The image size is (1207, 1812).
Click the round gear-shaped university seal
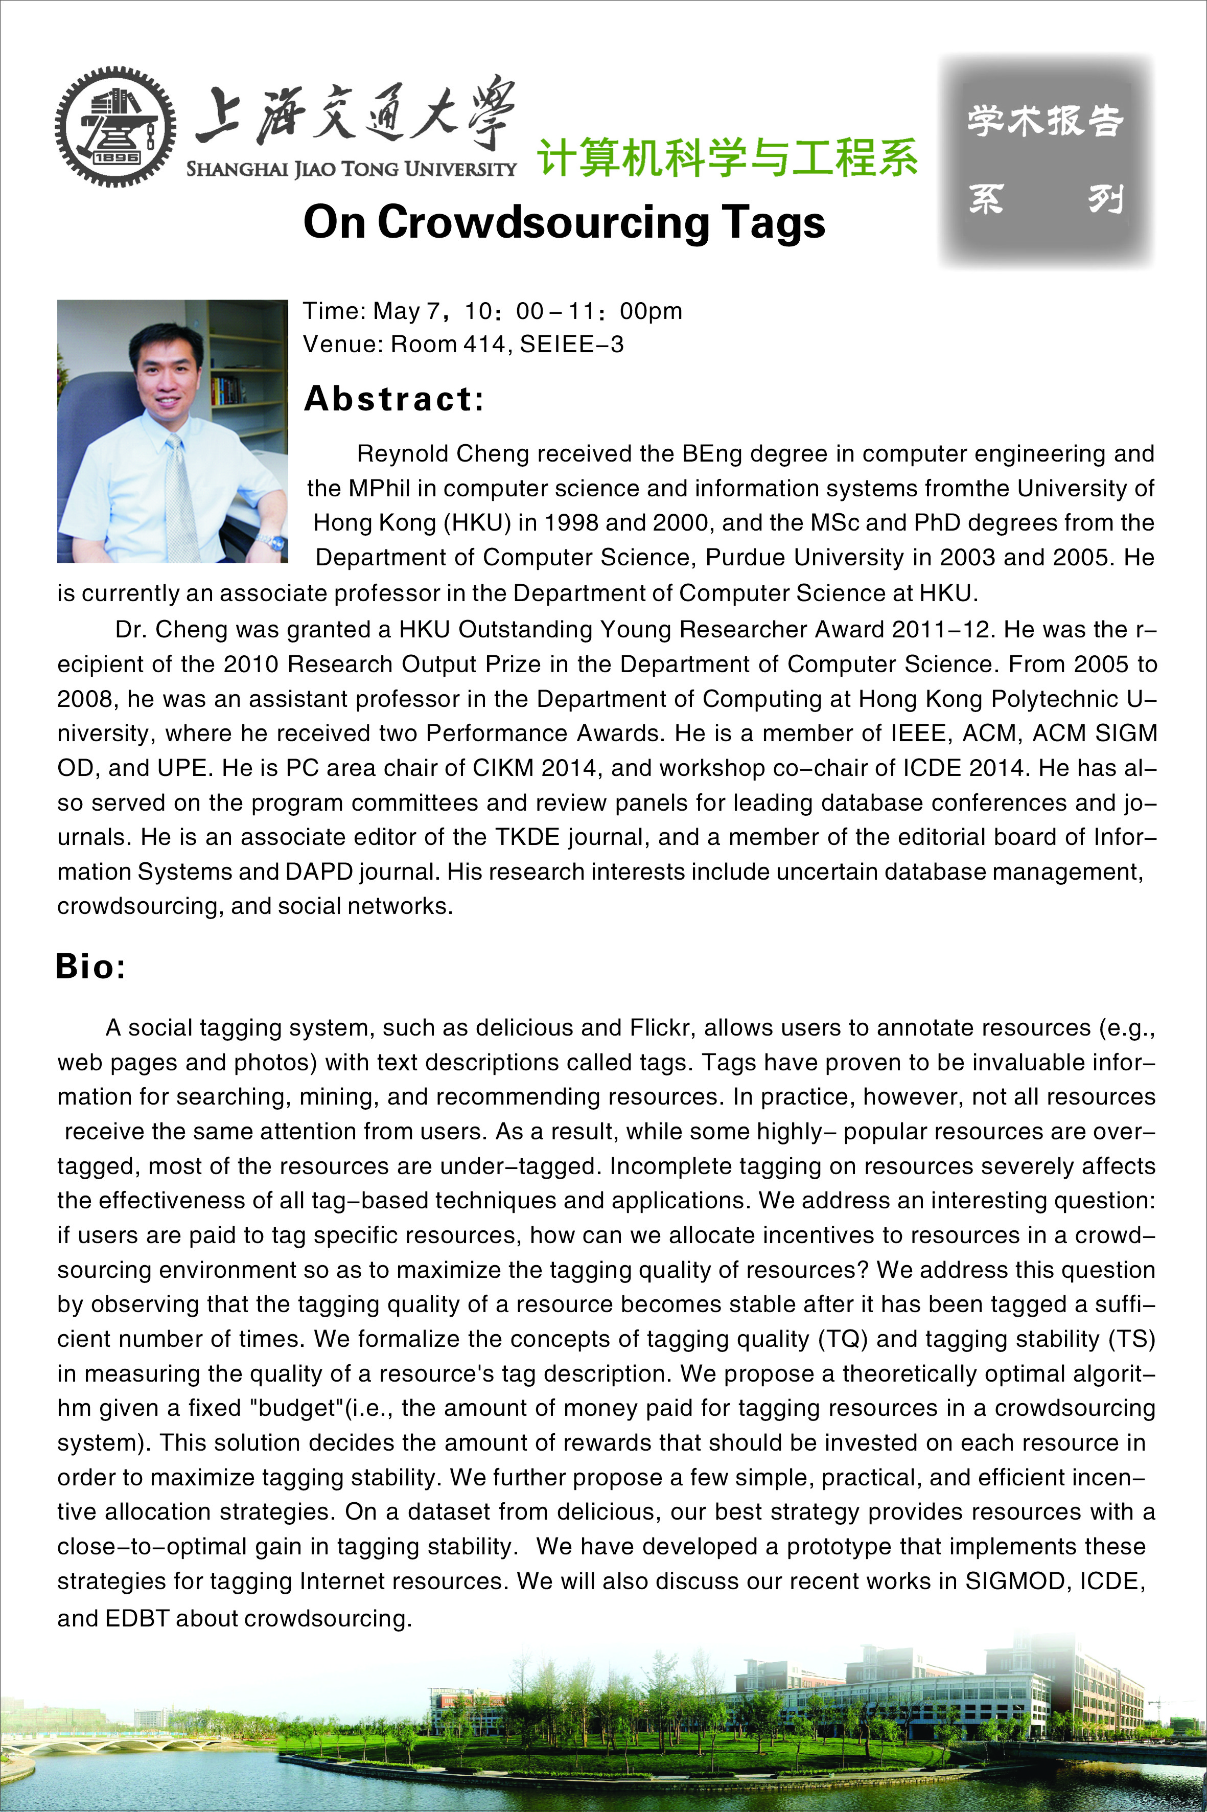click(x=115, y=127)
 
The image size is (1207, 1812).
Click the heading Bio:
click(x=90, y=967)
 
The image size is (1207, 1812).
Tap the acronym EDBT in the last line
click(x=137, y=1618)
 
